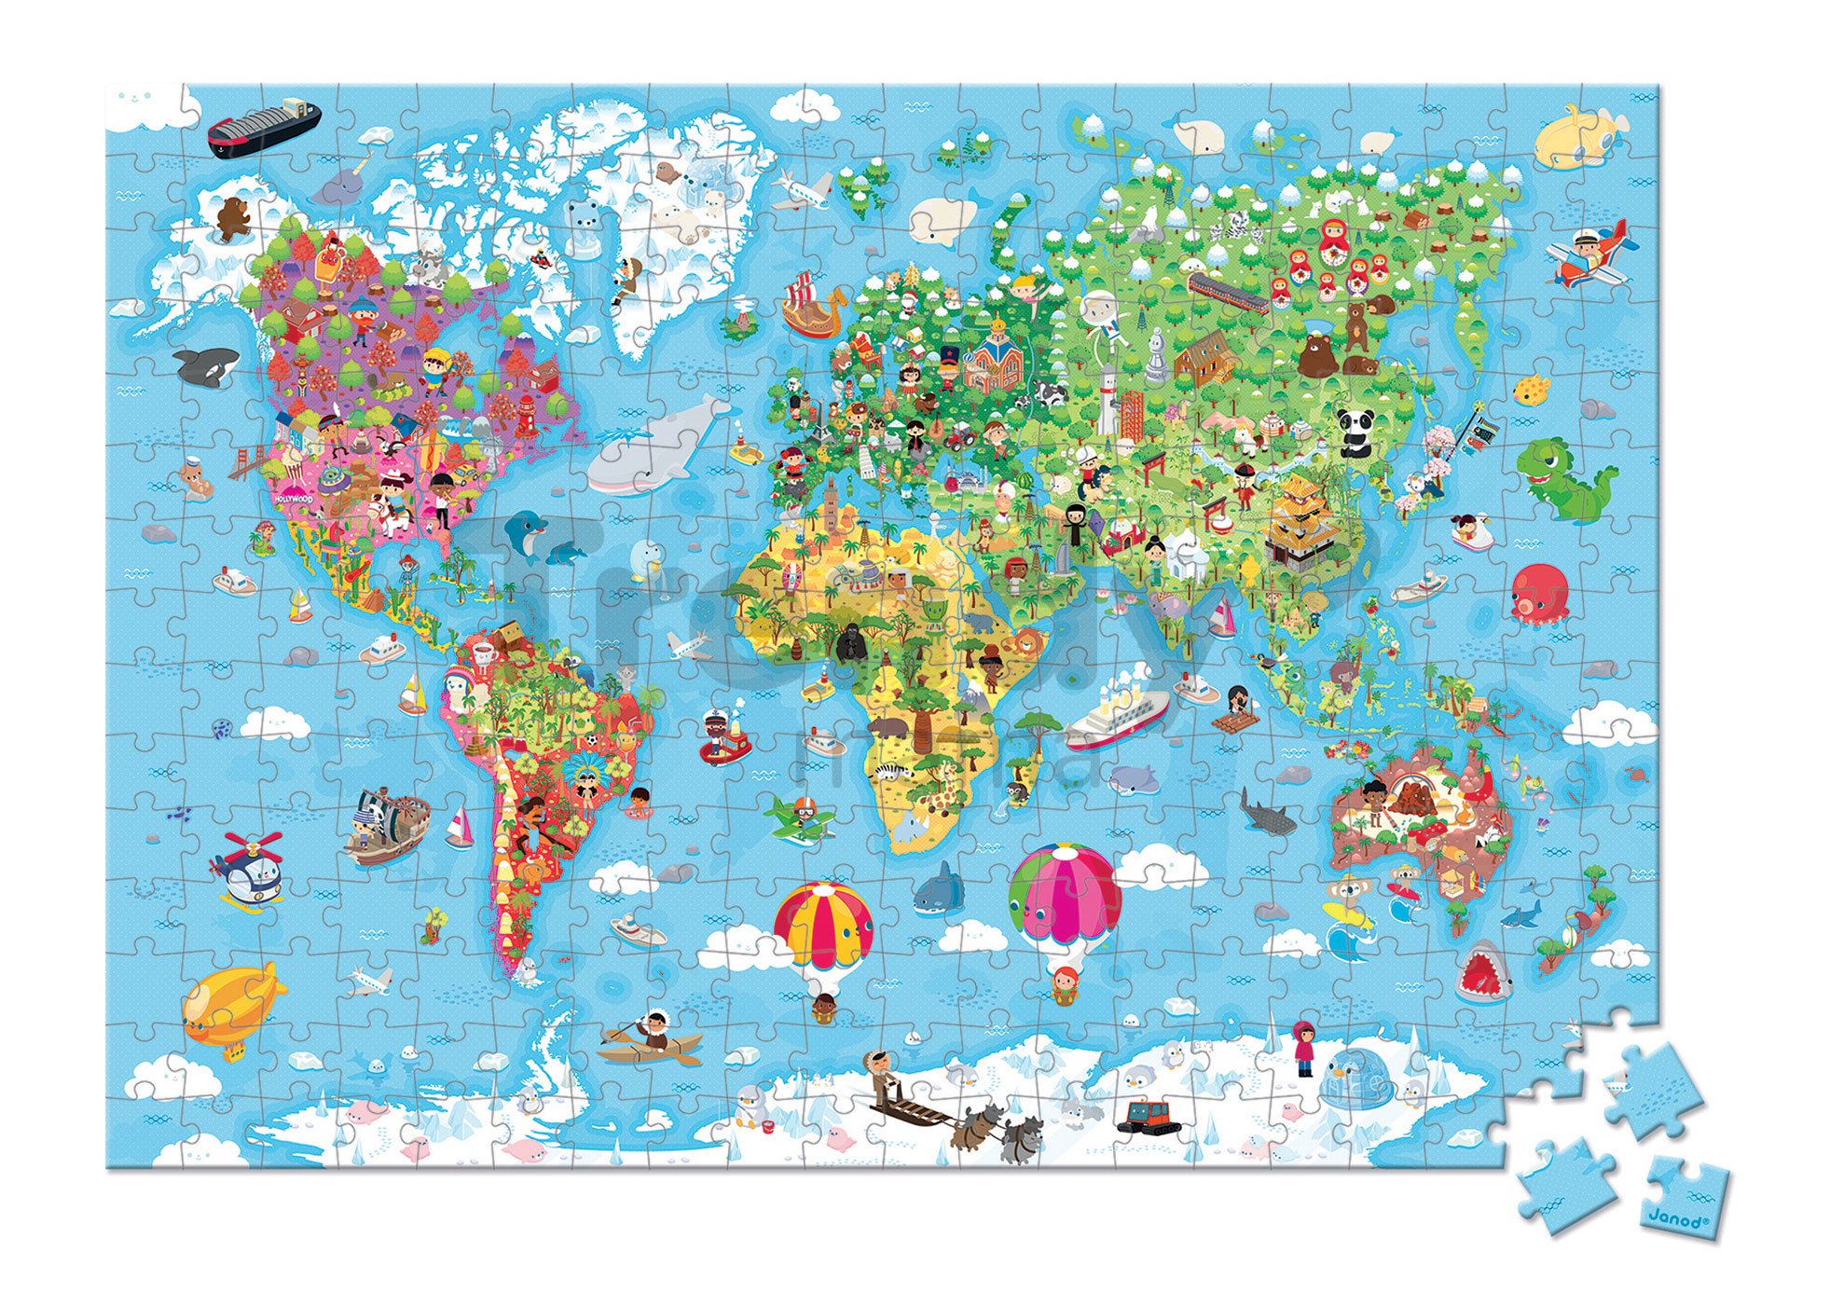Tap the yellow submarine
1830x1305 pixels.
(x=1579, y=139)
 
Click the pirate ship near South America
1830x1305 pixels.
(x=387, y=825)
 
